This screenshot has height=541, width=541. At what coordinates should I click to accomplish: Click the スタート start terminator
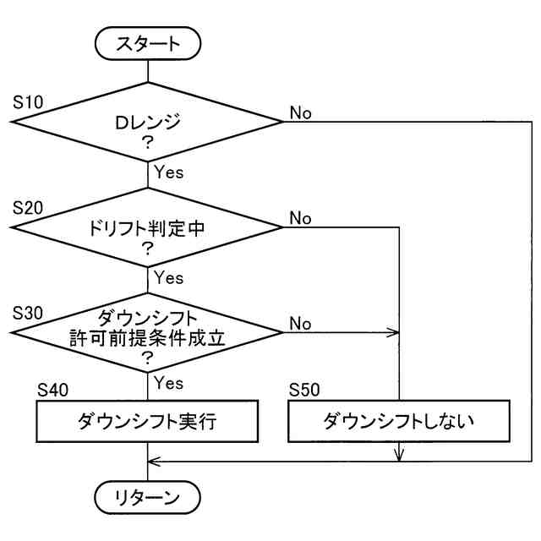click(148, 43)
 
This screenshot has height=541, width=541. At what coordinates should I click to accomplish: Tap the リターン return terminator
click(147, 497)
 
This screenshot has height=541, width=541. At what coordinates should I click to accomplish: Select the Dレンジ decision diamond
click(147, 122)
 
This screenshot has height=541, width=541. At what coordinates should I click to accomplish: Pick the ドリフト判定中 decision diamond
click(147, 227)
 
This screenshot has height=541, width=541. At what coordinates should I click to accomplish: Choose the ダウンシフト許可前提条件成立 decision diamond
click(147, 332)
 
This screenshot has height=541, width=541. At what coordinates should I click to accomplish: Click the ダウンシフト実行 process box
click(147, 421)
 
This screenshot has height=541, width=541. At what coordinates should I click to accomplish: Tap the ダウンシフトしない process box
click(399, 421)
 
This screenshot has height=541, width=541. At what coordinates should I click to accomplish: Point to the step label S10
click(28, 102)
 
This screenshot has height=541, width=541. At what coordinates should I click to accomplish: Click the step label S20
click(28, 208)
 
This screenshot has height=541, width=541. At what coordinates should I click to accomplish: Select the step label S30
click(28, 313)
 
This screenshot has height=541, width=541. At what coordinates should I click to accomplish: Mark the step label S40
click(52, 391)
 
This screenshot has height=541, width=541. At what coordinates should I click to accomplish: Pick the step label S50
click(304, 390)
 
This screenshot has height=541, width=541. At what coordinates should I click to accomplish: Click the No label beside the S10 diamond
click(301, 112)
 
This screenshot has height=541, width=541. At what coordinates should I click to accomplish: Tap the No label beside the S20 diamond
click(301, 218)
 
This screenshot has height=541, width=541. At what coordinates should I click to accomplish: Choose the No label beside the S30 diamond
click(301, 324)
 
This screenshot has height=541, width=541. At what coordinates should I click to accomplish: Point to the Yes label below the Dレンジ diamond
click(169, 172)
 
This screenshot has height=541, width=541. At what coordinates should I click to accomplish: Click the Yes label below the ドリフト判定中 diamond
click(169, 277)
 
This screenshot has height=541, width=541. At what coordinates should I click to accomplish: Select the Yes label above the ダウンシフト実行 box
click(169, 383)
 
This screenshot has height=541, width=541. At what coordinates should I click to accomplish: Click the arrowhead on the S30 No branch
click(394, 332)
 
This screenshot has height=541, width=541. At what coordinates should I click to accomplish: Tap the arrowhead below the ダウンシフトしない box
click(399, 456)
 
